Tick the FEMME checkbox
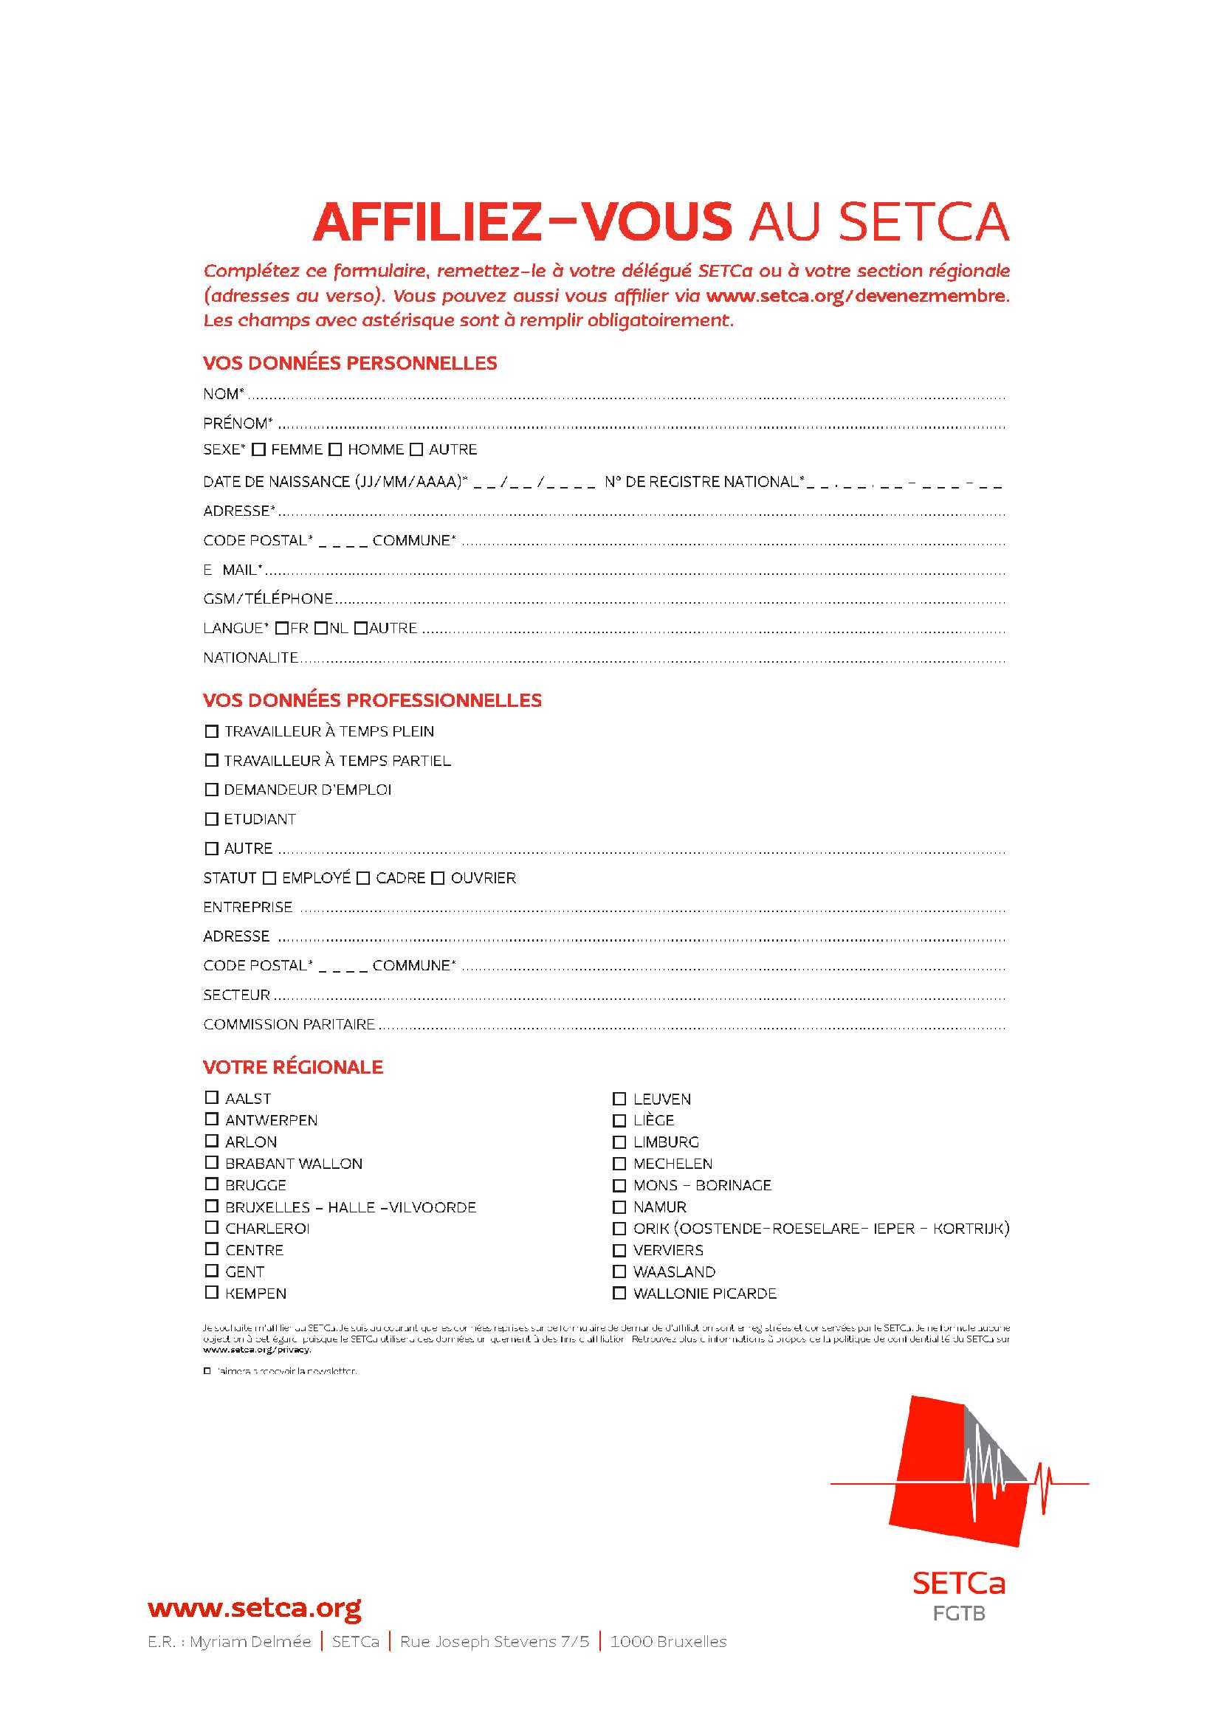click(x=258, y=449)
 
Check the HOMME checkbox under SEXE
click(x=335, y=449)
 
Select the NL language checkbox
click(x=321, y=628)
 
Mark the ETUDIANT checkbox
click(x=211, y=818)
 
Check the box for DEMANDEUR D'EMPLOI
click(x=211, y=790)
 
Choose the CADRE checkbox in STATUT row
click(x=363, y=878)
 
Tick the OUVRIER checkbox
click(x=438, y=878)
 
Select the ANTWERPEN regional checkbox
click(x=211, y=1119)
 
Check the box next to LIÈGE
click(x=619, y=1120)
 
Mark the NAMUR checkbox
click(x=619, y=1207)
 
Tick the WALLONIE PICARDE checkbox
click(x=619, y=1293)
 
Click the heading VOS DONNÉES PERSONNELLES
click(x=350, y=363)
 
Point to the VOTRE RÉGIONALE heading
click(x=292, y=1067)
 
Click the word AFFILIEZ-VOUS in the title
click(x=522, y=222)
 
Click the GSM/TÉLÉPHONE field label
click(x=268, y=598)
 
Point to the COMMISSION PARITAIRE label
click(x=289, y=1024)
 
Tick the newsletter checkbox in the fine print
click(x=207, y=1370)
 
